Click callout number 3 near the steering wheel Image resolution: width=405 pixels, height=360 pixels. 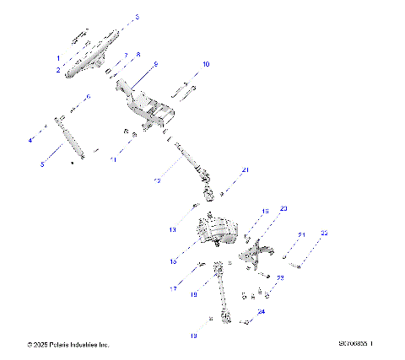pyautogui.click(x=138, y=17)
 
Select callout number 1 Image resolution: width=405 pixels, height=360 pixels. pyautogui.click(x=58, y=57)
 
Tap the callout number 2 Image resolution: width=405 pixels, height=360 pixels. pyautogui.click(x=58, y=72)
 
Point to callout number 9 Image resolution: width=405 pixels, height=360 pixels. pyautogui.click(x=155, y=64)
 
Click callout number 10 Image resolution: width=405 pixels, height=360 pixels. pyautogui.click(x=206, y=64)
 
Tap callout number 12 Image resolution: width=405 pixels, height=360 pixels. pyautogui.click(x=156, y=180)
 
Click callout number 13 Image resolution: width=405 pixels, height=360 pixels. pyautogui.click(x=171, y=228)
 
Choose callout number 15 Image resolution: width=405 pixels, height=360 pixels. pyautogui.click(x=172, y=261)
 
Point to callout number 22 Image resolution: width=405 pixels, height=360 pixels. pyautogui.click(x=325, y=233)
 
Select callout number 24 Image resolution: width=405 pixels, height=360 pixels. pyautogui.click(x=261, y=311)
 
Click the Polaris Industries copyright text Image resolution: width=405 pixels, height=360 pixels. pyautogui.click(x=68, y=345)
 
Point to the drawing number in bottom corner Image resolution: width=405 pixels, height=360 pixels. pyautogui.click(x=355, y=344)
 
